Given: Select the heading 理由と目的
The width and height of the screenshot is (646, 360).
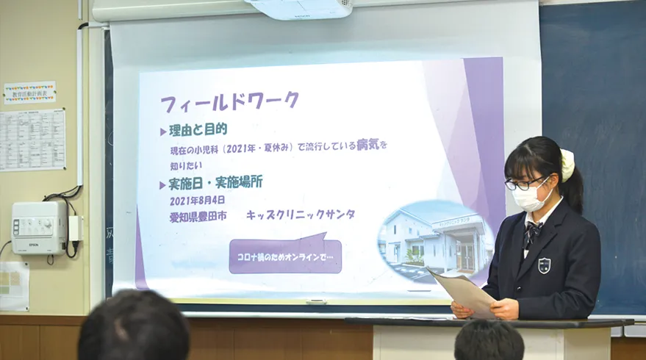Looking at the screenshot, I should tap(197, 130).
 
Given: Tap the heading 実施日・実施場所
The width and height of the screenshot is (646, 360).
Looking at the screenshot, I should tap(215, 181).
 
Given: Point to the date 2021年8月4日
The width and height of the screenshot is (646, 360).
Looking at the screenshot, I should tap(198, 199).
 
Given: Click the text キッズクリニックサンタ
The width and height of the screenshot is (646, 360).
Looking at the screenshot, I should tap(300, 215).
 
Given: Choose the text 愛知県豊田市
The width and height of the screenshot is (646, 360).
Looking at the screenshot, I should tap(197, 216).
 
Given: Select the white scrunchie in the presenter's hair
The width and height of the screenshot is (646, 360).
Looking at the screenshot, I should tap(567, 165).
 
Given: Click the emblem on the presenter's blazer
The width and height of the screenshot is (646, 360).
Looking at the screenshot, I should tap(544, 265).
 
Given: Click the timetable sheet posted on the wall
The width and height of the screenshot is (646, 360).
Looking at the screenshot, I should tap(32, 140).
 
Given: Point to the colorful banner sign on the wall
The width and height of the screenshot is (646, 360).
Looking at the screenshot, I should tap(29, 93).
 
